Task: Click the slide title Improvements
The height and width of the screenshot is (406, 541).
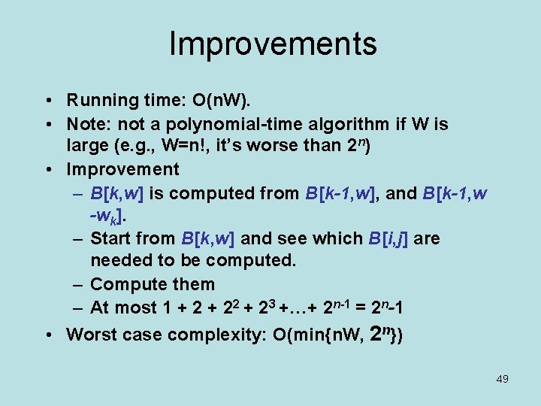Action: click(273, 44)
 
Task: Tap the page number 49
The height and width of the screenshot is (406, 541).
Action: click(502, 379)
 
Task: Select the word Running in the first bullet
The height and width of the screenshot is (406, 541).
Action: click(97, 101)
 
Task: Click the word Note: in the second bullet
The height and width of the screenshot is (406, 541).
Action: click(88, 123)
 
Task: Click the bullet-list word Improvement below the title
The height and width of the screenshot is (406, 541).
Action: click(123, 169)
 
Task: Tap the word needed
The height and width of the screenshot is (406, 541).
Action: click(120, 261)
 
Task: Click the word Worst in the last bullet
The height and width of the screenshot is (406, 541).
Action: click(90, 335)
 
